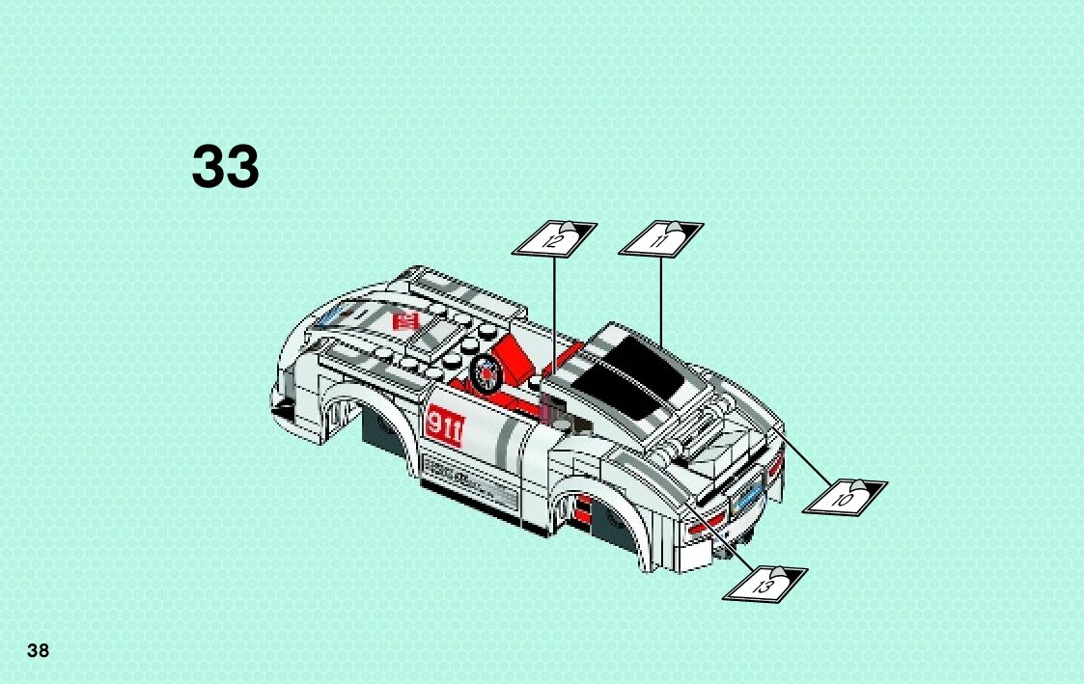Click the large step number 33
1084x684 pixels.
click(x=226, y=167)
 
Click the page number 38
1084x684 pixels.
click(x=38, y=650)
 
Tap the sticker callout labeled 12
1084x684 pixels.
click(x=553, y=238)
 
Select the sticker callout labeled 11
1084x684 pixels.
click(x=661, y=237)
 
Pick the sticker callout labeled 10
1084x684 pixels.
click(x=846, y=496)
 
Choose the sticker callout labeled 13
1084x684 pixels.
click(x=764, y=583)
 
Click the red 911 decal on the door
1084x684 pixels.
click(x=444, y=424)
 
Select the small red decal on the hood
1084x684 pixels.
click(x=405, y=318)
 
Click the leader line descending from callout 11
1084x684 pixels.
click(x=660, y=299)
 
